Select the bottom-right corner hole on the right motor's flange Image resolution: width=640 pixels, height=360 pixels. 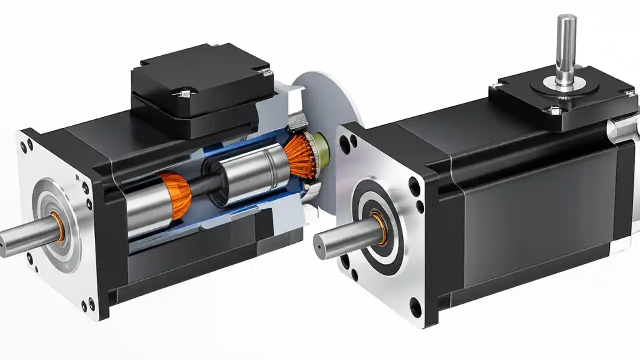tap(415, 306)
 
